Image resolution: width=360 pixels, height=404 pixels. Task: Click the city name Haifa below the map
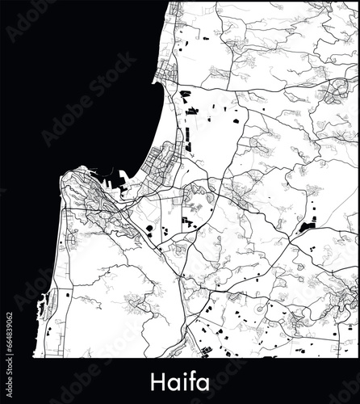tap(180, 378)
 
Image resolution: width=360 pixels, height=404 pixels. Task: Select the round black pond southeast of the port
tap(149, 228)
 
